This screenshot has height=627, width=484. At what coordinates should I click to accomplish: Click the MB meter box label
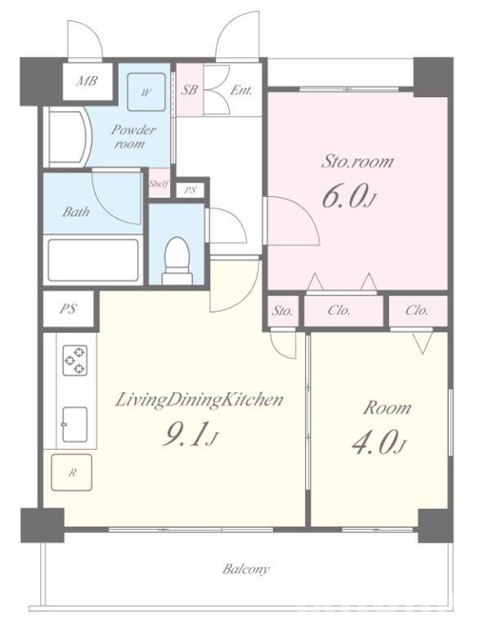[x=87, y=81]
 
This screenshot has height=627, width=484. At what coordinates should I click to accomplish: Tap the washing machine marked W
[x=146, y=92]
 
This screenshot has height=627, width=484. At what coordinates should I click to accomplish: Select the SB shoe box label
[x=189, y=90]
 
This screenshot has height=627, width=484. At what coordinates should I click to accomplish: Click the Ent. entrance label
[x=241, y=91]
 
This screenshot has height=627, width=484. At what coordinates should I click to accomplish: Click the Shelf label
[x=159, y=184]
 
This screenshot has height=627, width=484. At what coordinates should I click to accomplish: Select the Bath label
[x=76, y=211]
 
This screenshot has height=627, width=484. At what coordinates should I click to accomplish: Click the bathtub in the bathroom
[x=93, y=260]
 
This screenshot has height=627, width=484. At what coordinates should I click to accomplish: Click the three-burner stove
[x=75, y=360]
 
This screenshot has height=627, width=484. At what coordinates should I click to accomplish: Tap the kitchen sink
[x=74, y=425]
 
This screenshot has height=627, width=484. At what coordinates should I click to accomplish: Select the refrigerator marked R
[x=72, y=472]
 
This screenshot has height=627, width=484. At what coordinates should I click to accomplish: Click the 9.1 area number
[x=189, y=434]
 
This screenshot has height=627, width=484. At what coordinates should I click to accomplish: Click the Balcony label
[x=246, y=568]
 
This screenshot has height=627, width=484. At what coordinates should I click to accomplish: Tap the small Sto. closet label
[x=282, y=311]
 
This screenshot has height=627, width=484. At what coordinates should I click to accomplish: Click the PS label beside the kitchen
[x=68, y=309]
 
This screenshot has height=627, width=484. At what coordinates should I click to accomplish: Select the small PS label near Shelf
[x=190, y=190]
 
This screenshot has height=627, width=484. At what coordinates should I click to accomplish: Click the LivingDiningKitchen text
[x=199, y=401]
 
